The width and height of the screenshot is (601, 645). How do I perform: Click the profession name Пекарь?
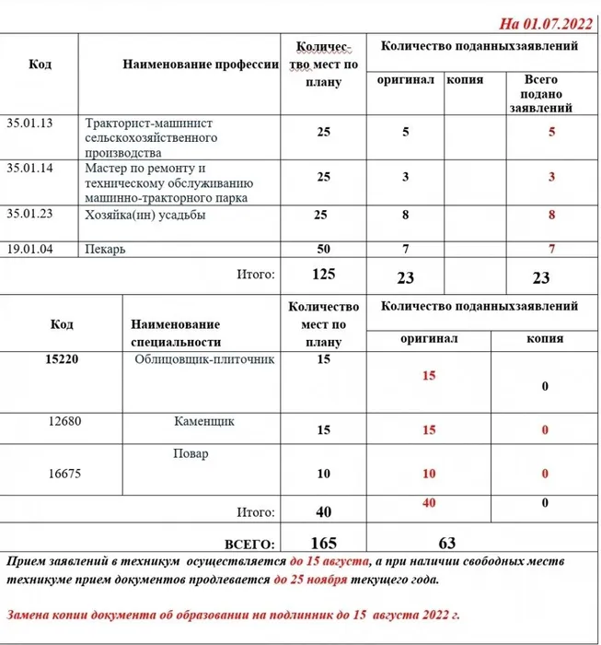[x=105, y=249]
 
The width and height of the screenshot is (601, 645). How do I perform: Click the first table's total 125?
[x=323, y=274]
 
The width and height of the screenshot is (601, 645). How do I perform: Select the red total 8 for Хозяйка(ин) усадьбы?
[x=551, y=217]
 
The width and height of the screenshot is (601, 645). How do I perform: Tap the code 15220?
[x=61, y=359]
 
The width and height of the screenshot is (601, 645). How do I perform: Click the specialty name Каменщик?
[x=203, y=421]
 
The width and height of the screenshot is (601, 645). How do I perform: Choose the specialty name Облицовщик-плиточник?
[x=204, y=359]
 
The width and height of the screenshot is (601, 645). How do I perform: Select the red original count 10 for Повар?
[x=428, y=474]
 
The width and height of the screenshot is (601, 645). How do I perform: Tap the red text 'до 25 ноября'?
[x=310, y=581]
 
